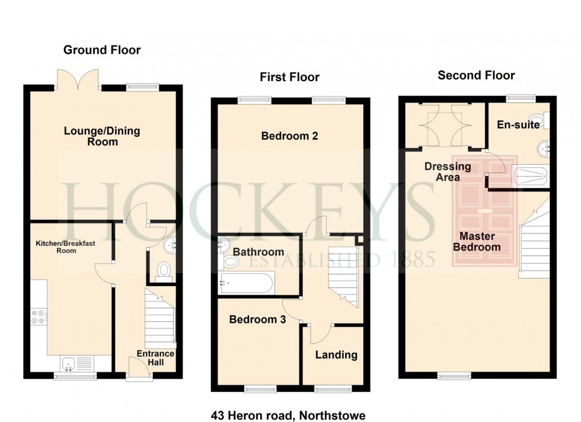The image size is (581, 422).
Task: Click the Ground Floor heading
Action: coord(102,50)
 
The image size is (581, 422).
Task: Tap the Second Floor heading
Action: coord(476,75)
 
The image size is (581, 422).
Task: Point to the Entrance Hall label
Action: coord(155,358)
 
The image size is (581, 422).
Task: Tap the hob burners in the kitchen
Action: coord(39,317)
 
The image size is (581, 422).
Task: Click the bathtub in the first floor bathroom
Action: coord(246,283)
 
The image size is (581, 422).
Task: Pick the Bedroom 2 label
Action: coord(290,136)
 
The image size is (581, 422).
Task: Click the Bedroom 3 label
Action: coord(258,320)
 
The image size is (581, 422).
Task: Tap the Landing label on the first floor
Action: coord(336,355)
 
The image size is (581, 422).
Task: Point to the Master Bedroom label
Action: coord(477,241)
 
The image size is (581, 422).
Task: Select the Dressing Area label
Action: coord(448,172)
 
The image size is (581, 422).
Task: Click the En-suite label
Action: coord(518,125)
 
